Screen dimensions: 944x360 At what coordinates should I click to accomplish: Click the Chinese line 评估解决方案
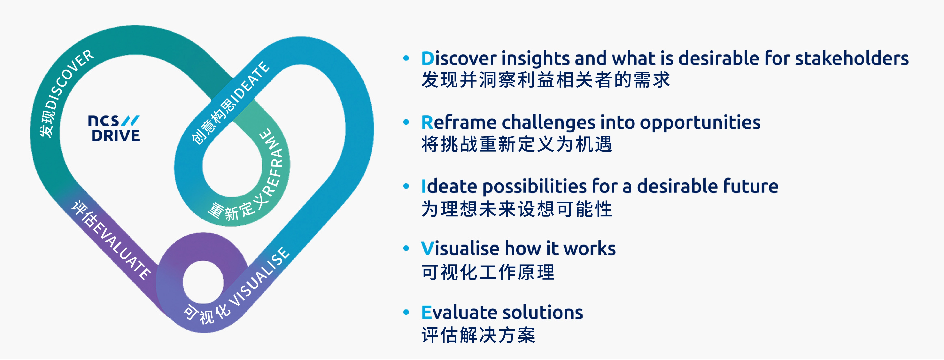[x=478, y=335]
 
